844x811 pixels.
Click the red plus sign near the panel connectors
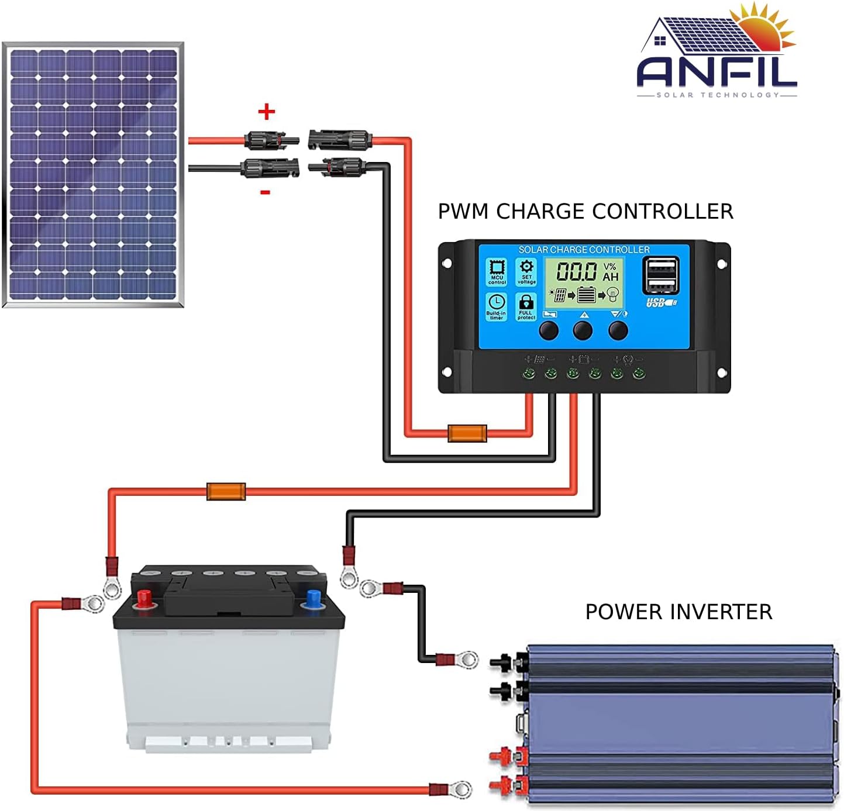coord(267,111)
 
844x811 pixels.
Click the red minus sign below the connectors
coord(265,192)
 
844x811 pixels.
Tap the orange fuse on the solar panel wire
coord(467,433)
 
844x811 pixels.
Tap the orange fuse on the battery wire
coord(226,491)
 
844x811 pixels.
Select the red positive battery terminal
coord(144,598)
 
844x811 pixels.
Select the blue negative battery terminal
coord(314,598)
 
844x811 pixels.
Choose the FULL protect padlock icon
coord(526,306)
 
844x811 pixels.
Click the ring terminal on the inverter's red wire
coord(461,789)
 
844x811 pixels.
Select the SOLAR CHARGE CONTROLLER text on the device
coord(584,250)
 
